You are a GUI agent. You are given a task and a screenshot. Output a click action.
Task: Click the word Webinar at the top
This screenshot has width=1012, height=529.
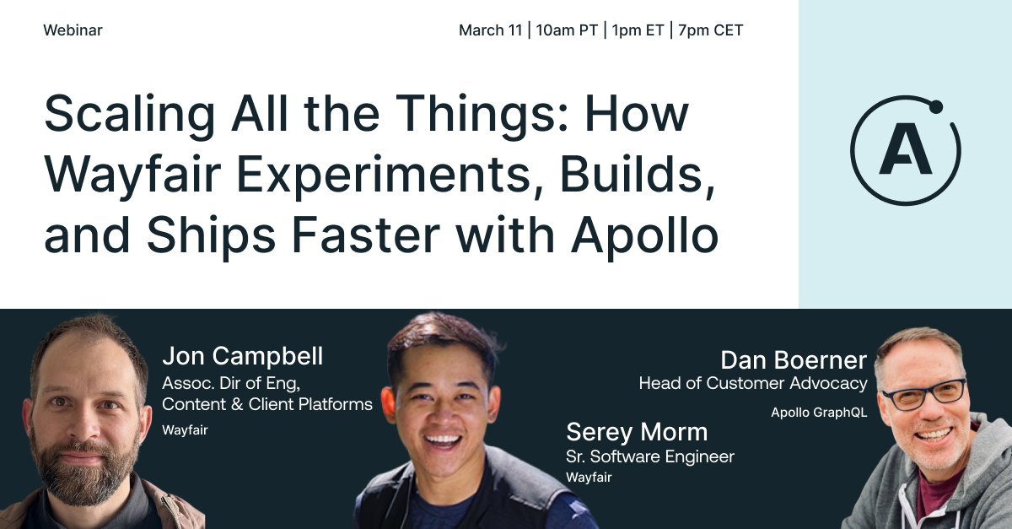(73, 30)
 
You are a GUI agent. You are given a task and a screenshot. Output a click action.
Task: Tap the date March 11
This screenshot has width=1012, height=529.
(490, 30)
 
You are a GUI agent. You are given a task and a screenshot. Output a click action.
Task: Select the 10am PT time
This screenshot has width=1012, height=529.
(567, 30)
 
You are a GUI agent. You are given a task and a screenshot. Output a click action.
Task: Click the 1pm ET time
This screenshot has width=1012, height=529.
(637, 30)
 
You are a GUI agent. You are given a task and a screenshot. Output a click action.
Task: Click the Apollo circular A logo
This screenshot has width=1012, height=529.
(905, 151)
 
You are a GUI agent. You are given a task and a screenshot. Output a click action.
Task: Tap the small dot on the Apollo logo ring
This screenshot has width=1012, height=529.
(935, 106)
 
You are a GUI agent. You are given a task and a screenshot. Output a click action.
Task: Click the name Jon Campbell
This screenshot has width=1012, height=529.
(242, 356)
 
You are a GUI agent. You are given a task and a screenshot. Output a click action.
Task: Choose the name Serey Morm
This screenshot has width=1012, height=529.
(637, 432)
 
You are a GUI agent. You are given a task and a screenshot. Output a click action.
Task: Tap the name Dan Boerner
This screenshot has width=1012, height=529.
(793, 361)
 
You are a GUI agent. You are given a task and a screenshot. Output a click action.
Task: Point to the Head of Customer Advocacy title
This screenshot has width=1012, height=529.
(752, 384)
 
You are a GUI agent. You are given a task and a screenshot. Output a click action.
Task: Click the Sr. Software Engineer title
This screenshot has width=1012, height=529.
(649, 456)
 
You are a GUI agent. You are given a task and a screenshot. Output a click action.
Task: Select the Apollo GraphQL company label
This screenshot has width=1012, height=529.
(818, 413)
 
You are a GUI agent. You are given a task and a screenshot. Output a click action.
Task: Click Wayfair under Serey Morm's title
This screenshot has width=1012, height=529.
(588, 478)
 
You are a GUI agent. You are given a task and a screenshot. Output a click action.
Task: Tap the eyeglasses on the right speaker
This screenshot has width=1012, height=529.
(923, 394)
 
